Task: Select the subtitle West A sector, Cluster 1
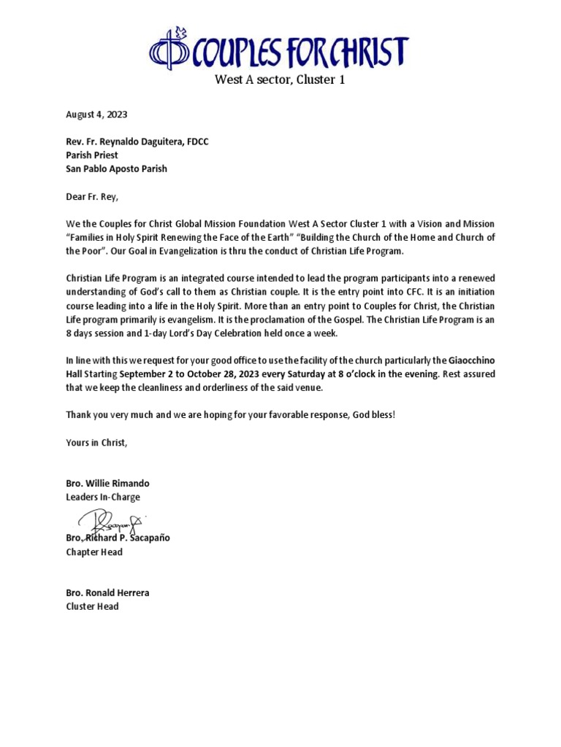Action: [x=279, y=80]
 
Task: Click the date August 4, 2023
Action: [x=96, y=115]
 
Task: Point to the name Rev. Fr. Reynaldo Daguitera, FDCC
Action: [x=137, y=142]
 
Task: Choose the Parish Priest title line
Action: [x=92, y=155]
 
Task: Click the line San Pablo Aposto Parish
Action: [x=116, y=169]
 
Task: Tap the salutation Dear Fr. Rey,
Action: [x=91, y=196]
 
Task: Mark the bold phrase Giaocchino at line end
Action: [x=470, y=360]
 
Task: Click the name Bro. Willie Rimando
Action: [x=107, y=484]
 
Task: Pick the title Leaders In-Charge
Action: [x=103, y=497]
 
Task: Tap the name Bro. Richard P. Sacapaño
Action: [x=118, y=538]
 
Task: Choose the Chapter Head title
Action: [x=94, y=551]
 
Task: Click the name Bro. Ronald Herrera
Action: [x=107, y=592]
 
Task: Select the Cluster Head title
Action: [x=92, y=606]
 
